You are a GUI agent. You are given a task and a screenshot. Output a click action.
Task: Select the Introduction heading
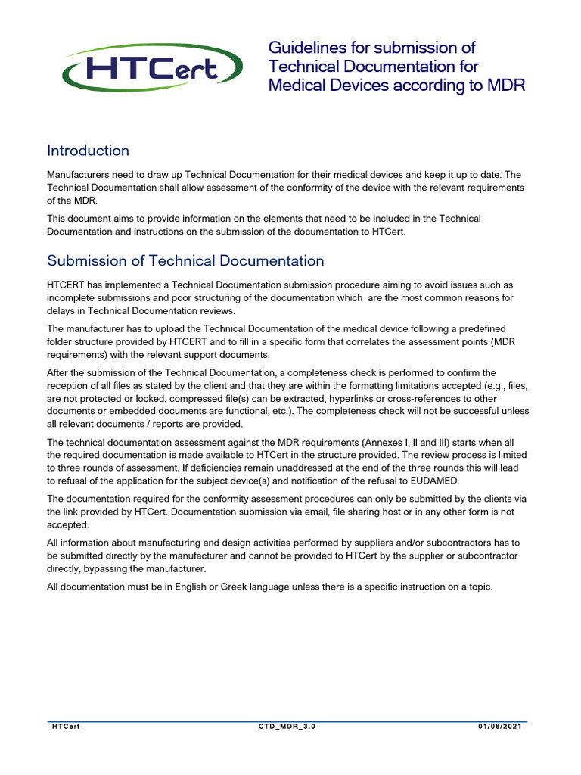pos(88,151)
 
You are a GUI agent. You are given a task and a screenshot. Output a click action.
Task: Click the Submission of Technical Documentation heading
pos(185,261)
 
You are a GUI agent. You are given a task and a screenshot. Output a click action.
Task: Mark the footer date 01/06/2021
pos(500,727)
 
